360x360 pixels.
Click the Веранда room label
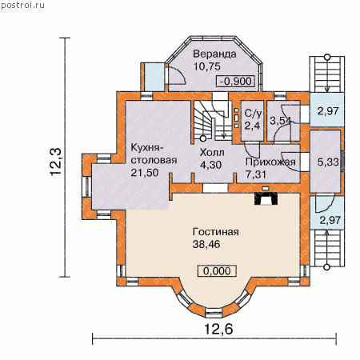pos(214,54)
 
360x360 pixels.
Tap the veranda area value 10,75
pos(207,66)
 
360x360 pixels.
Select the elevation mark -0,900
pos(235,81)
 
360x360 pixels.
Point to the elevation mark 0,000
pos(217,271)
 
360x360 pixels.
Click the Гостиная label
pos(216,232)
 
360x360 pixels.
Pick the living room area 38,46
pos(206,244)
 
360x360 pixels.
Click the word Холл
pos(212,153)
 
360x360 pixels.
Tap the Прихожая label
pos(270,162)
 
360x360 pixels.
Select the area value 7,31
pos(256,174)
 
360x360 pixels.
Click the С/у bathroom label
pos(253,114)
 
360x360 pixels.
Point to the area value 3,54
pos(280,121)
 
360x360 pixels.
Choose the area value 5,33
pos(328,162)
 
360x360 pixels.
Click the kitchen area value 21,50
pos(145,173)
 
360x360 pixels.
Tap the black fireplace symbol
pos(266,198)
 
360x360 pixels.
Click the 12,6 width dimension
pos(218,329)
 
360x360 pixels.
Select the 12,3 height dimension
pos(56,162)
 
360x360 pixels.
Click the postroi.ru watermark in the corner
pos(22,5)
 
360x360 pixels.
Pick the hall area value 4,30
pos(210,165)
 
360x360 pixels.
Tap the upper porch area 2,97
pos(328,111)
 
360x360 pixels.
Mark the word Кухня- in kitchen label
pos(146,148)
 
